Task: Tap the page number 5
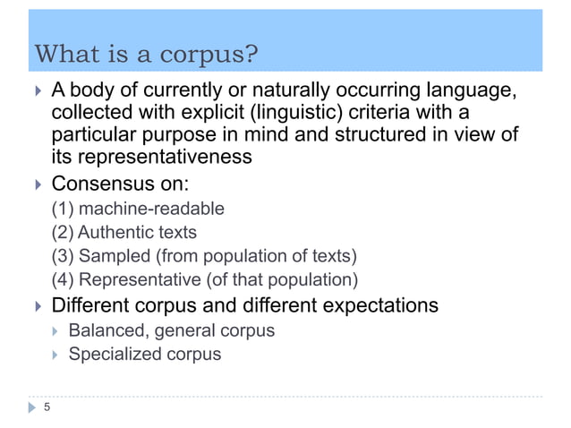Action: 47,409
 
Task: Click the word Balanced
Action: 107,330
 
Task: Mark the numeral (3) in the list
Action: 63,256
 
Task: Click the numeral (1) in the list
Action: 63,210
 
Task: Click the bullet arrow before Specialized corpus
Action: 54,355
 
